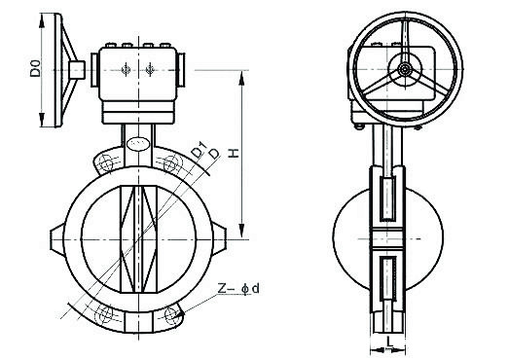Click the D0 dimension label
click(x=35, y=68)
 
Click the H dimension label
click(x=233, y=153)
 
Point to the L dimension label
click(x=390, y=341)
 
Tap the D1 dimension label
click(x=199, y=150)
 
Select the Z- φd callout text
click(x=238, y=288)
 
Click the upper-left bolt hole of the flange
click(x=106, y=162)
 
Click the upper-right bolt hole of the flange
click(x=170, y=163)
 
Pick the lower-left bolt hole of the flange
click(x=105, y=314)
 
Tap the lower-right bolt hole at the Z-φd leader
click(x=171, y=314)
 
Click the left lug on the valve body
click(x=57, y=239)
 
